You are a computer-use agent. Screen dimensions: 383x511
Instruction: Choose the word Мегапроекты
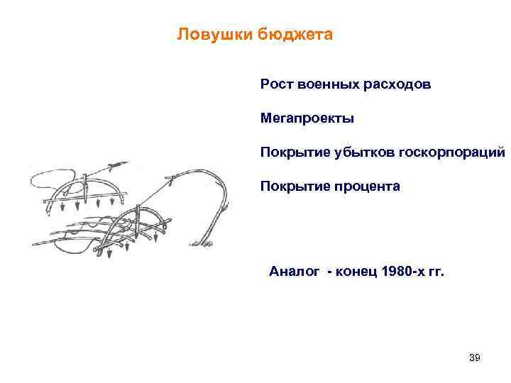coord(307,118)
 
